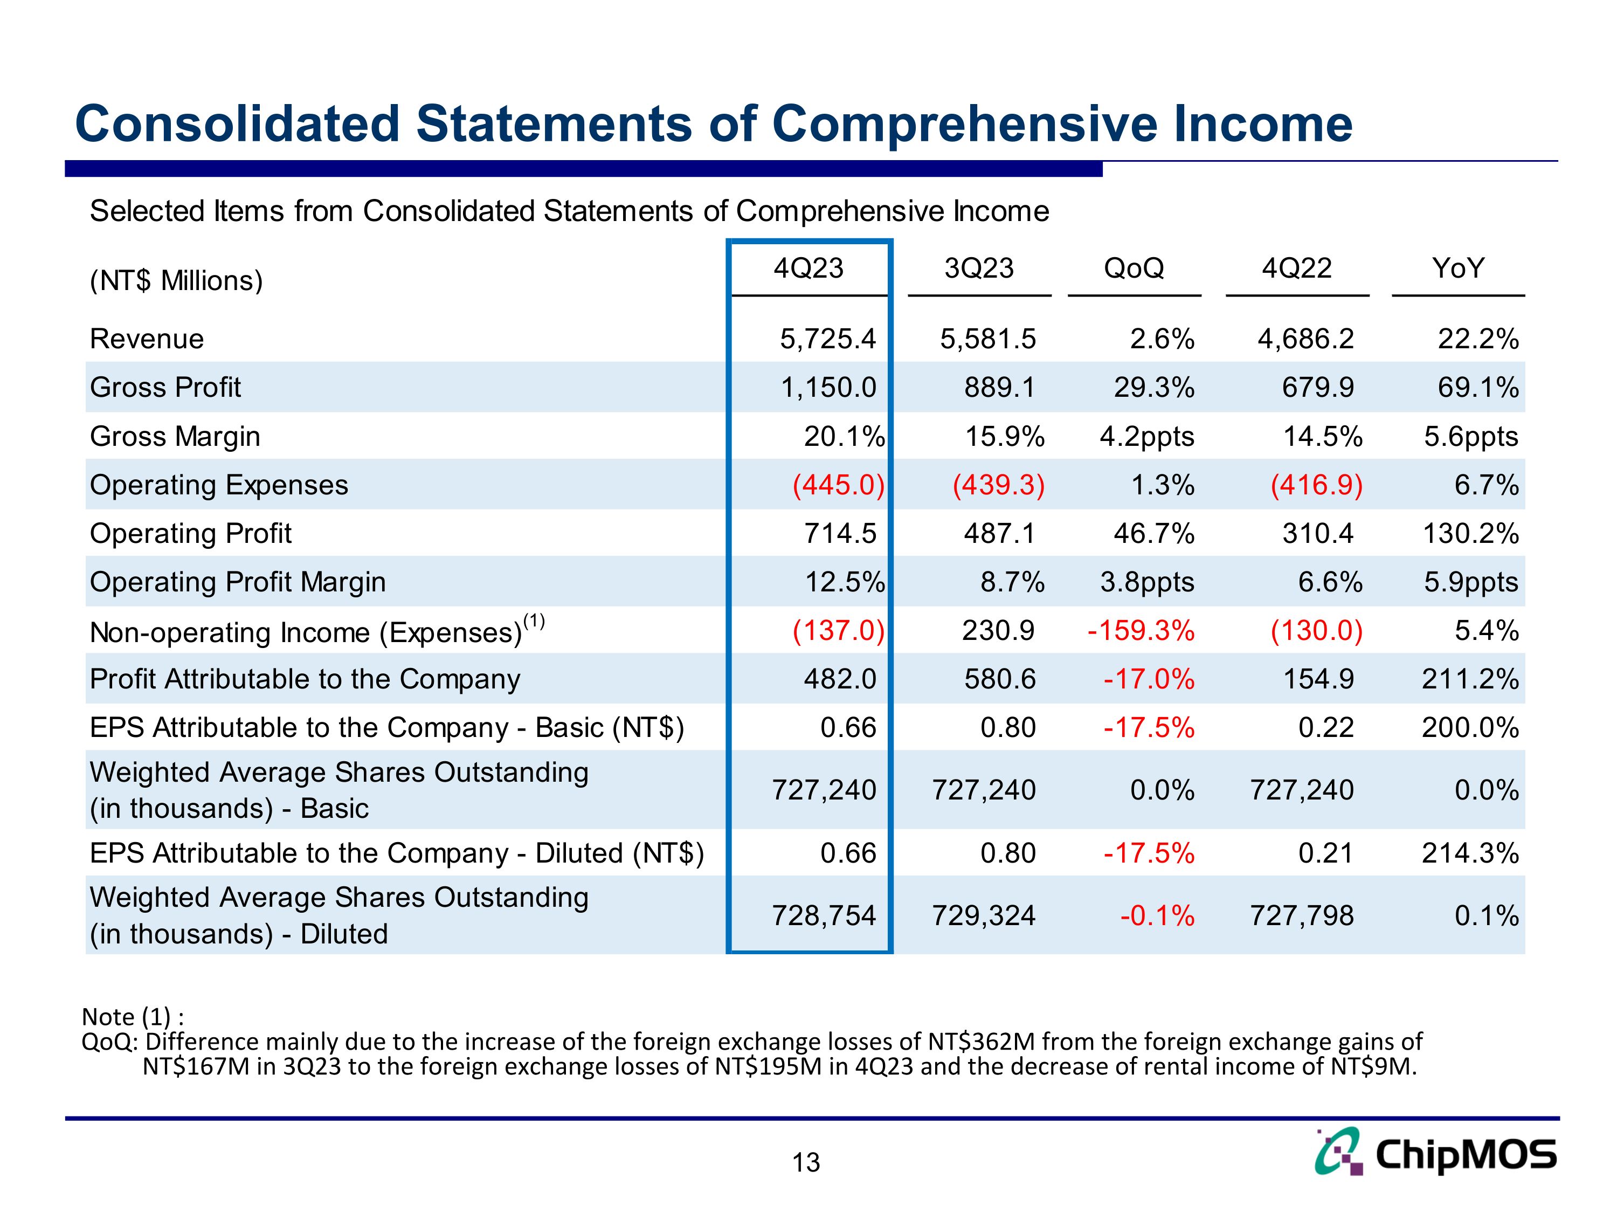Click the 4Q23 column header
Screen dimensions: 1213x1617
pos(808,268)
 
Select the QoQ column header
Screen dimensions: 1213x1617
pos(1134,268)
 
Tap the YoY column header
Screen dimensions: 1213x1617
pos(1457,268)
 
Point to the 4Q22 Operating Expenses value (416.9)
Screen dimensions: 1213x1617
pos(1317,485)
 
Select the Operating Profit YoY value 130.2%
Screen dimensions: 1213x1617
pos(1470,534)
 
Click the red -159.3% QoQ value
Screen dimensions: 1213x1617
pos(1141,630)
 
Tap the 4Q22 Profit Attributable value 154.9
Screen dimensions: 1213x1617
pos(1318,679)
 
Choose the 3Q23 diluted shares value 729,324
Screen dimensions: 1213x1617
pos(983,915)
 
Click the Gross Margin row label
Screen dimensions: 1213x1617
pos(175,437)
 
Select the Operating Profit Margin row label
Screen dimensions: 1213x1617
pos(238,582)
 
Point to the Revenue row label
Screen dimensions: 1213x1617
pos(146,339)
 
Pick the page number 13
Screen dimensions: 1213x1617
pos(806,1162)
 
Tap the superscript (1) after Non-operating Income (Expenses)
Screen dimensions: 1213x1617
pos(534,622)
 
